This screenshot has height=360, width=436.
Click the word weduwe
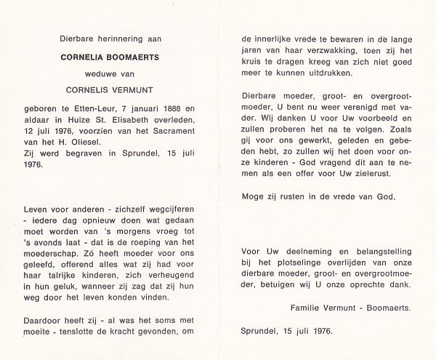114,72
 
